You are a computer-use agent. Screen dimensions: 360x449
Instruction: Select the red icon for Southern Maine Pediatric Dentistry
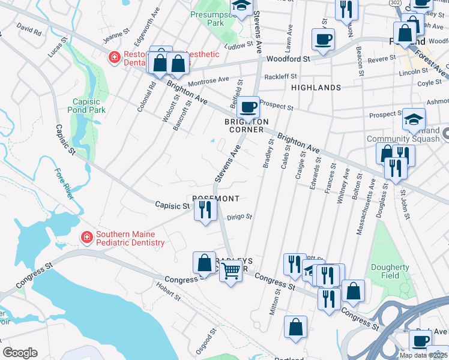[87, 237]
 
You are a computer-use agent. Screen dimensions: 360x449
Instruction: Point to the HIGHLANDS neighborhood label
[316, 88]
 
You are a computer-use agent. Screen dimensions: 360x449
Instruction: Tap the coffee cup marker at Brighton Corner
[247, 108]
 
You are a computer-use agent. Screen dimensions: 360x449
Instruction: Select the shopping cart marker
[231, 271]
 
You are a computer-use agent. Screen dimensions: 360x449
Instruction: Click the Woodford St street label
[288, 59]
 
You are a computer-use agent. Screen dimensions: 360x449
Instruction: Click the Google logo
[20, 353]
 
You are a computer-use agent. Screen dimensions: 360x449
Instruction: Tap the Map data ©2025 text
[423, 355]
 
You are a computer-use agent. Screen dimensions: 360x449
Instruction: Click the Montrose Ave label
[208, 80]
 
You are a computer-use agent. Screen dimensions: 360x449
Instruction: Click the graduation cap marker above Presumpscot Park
[241, 7]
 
